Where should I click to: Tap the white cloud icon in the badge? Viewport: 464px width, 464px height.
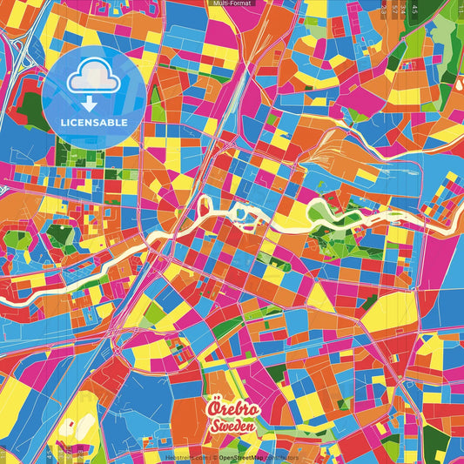[93, 77]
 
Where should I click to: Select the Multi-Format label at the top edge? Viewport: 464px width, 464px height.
[232, 3]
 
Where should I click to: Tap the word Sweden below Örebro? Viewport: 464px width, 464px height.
[232, 427]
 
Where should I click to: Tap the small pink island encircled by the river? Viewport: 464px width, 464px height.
[205, 206]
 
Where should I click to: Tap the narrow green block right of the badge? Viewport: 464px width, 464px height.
[157, 104]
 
